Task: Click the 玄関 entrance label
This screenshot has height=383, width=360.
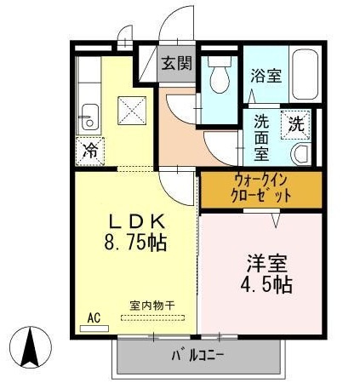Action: tap(177, 63)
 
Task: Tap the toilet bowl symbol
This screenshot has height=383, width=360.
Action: tap(219, 74)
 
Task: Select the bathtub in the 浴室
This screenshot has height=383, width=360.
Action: tap(305, 74)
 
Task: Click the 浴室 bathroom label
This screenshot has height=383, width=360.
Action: tap(266, 75)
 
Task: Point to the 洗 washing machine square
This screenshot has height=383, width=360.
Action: tap(296, 124)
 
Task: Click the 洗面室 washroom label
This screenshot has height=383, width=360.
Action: tap(261, 139)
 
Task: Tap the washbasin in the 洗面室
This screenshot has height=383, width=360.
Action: tap(301, 154)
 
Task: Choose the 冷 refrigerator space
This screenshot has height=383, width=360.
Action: tap(90, 151)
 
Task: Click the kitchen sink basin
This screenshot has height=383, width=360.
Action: tap(89, 117)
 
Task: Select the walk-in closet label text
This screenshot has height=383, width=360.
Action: tap(261, 188)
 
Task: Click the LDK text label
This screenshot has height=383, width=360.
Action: tap(137, 222)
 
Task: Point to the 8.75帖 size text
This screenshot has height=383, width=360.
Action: tap(135, 242)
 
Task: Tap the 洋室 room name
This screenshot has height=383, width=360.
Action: tap(267, 264)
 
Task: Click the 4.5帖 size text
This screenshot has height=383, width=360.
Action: tap(266, 284)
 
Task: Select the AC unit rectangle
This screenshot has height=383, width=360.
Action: tap(94, 329)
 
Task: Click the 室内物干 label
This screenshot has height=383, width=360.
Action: tap(152, 306)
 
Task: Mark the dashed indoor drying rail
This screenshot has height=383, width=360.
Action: tap(153, 317)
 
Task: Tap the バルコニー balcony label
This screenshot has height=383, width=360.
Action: tap(197, 356)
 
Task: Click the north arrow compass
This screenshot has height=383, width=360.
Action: tap(31, 347)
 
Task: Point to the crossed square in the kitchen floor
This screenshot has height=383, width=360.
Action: tap(132, 111)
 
